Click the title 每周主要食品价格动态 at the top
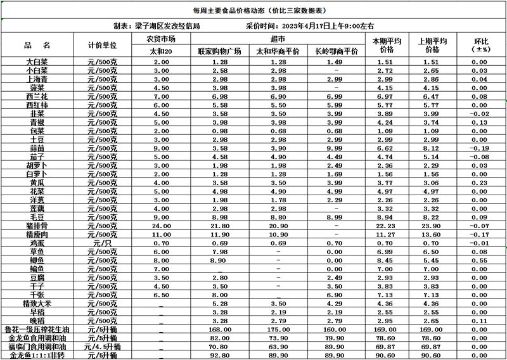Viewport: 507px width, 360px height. (x=253, y=11)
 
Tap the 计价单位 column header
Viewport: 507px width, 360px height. (x=102, y=45)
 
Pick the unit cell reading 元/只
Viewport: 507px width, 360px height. (x=102, y=243)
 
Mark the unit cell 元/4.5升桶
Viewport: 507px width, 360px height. (x=102, y=347)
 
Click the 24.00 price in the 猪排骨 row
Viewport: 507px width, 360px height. (x=162, y=226)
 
